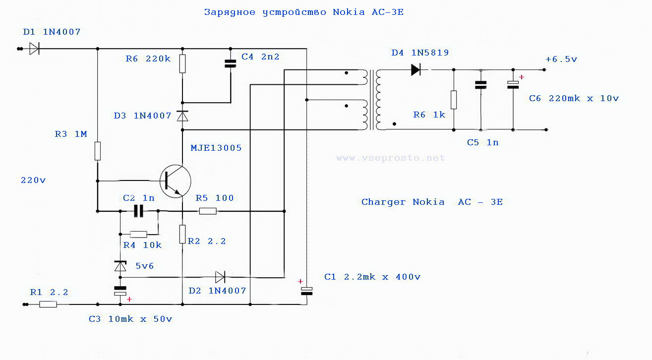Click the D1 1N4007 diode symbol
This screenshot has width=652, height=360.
point(34,49)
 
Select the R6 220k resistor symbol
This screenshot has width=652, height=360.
point(182,64)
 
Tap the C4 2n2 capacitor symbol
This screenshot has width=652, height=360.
point(230,63)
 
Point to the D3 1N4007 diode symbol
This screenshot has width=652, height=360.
point(182,116)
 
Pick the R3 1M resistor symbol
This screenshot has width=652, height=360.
point(98,151)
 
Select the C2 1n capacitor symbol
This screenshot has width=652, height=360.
point(138,211)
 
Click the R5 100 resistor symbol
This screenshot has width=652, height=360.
point(208,211)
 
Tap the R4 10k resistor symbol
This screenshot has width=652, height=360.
point(138,234)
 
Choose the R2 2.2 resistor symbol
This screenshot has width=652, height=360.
point(182,235)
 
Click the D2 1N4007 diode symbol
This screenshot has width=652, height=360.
point(220,277)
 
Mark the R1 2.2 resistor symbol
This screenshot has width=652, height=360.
point(48,304)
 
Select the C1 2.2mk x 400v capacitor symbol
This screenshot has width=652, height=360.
point(307,291)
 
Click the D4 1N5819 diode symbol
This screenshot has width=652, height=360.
point(416,70)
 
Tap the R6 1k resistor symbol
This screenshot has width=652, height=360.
point(454,100)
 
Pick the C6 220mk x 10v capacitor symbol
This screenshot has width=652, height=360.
point(513,85)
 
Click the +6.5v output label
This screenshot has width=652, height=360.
point(561,59)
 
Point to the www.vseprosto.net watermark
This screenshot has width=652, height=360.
point(390,158)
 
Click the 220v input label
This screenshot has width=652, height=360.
point(33,180)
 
